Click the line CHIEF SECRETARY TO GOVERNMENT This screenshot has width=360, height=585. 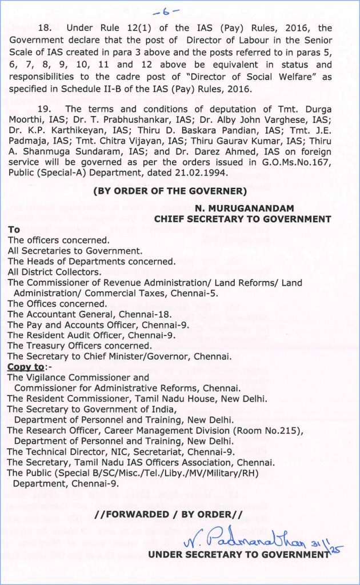(242, 219)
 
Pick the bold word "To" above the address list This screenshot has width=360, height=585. (14, 230)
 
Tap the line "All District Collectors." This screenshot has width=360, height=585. (54, 272)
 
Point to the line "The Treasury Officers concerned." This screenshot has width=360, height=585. (79, 346)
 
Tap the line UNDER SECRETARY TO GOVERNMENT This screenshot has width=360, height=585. (238, 554)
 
